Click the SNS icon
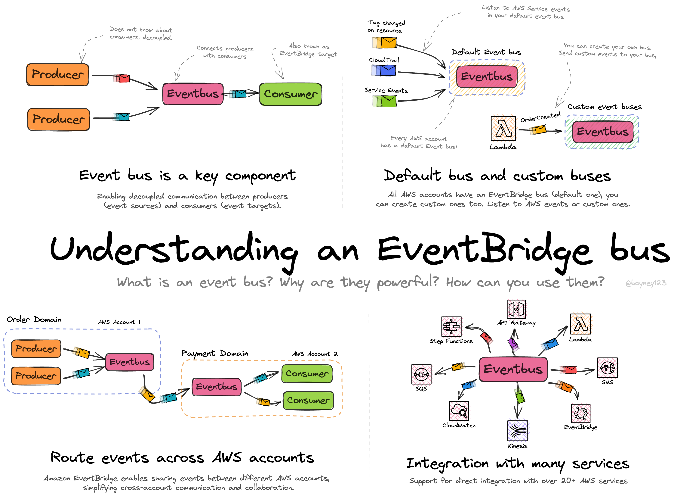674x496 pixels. point(607,367)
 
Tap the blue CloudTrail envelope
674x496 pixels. point(387,70)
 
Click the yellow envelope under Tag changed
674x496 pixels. point(388,43)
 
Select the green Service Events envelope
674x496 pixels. point(388,101)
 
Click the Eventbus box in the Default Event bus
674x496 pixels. point(487,77)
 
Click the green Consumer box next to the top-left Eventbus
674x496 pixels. point(290,94)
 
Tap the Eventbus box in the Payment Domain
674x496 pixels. point(217,387)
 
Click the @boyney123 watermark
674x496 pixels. point(645,283)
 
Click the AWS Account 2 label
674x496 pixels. point(315,354)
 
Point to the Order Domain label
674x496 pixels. point(34,320)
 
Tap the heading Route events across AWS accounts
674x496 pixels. point(182,458)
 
